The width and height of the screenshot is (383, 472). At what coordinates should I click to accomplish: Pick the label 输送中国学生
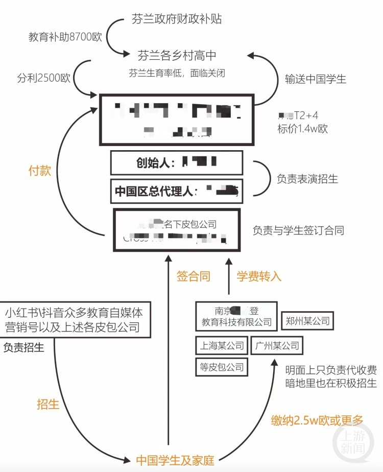click(316, 79)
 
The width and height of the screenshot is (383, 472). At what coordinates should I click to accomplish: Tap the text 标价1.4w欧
click(302, 129)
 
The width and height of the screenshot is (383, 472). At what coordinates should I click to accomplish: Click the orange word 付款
click(39, 171)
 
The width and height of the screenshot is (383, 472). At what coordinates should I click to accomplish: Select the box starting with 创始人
click(177, 163)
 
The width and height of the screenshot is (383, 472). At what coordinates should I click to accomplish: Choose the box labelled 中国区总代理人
click(177, 192)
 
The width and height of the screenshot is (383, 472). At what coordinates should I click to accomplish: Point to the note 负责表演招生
click(307, 179)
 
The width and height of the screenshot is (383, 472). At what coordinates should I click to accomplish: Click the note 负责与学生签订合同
click(298, 230)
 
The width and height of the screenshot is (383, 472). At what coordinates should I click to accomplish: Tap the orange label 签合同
click(194, 276)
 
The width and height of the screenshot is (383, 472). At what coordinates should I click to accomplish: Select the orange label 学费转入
click(259, 276)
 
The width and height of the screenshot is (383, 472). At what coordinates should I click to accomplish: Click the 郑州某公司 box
click(307, 321)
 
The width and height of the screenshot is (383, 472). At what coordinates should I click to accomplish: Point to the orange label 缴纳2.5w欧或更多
click(317, 420)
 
